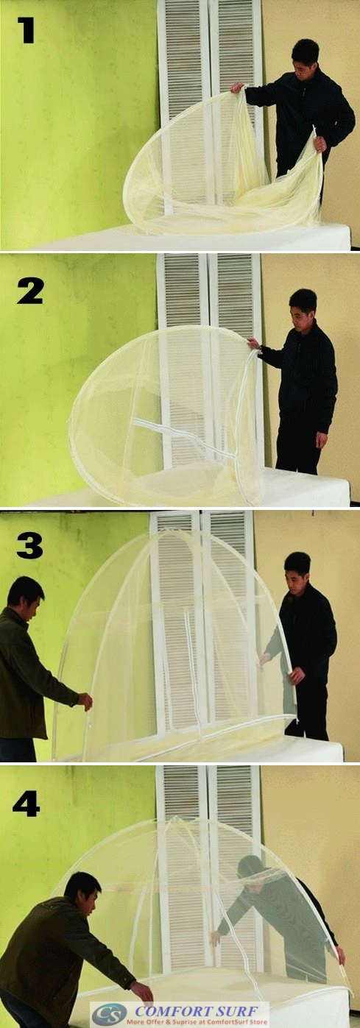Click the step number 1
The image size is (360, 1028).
(x=26, y=29)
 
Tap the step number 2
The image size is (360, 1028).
(x=29, y=291)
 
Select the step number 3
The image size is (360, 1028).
(x=29, y=545)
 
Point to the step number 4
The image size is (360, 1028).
(x=26, y=804)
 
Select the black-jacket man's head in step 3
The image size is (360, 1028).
(x=297, y=567)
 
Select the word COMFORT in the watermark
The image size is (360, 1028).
(x=164, y=1010)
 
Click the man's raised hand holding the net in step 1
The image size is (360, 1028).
(x=236, y=88)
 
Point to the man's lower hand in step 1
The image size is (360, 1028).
(x=320, y=143)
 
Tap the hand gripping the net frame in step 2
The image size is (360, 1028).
(x=253, y=343)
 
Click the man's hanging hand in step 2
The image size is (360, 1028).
(x=321, y=439)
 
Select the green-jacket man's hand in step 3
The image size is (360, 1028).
(x=86, y=701)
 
